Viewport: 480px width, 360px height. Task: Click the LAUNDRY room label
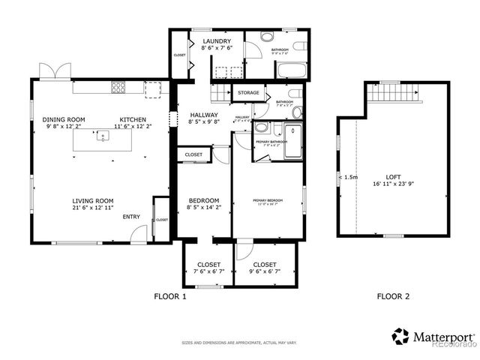point(216,40)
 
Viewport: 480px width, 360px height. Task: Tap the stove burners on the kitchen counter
point(118,87)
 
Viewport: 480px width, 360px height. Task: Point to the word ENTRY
point(131,217)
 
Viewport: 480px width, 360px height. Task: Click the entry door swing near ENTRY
point(137,235)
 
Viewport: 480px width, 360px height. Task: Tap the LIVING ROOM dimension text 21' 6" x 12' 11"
point(93,208)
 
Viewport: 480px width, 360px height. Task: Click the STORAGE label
point(249,93)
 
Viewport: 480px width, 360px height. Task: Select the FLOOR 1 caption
point(169,296)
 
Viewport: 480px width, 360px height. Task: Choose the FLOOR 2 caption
point(393,296)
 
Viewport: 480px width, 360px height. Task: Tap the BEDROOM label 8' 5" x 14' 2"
point(203,200)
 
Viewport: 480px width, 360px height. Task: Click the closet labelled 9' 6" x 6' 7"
point(264,265)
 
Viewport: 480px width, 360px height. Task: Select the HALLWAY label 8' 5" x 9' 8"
point(202,115)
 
